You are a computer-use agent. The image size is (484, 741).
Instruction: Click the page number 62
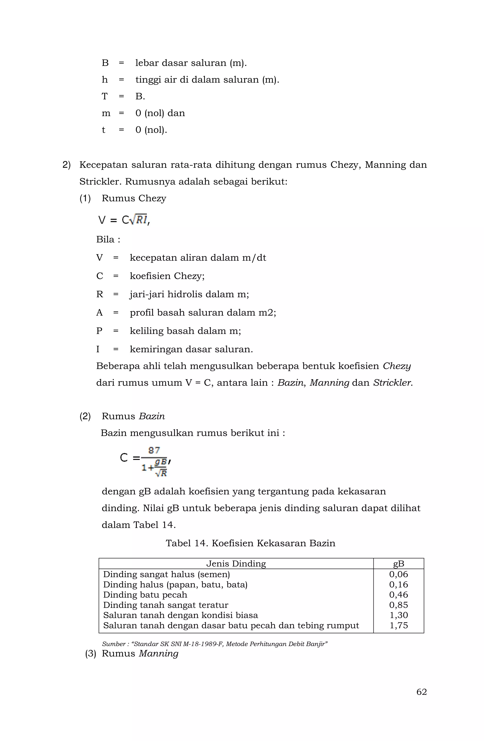coord(421,692)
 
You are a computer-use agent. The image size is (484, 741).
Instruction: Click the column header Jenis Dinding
coord(236,564)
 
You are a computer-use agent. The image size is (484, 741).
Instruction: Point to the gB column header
coord(398,564)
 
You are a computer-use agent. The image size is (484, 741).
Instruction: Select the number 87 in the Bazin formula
coord(154,450)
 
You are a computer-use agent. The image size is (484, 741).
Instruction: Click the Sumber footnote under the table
coord(215,644)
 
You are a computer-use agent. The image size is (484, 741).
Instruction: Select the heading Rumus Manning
coord(140,653)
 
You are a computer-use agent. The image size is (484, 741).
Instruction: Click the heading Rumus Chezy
coord(134,198)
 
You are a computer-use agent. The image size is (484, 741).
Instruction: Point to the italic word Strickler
coord(393,383)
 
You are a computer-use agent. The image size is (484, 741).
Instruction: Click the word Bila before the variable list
coord(105,239)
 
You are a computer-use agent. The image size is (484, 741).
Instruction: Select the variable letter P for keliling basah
coord(99,331)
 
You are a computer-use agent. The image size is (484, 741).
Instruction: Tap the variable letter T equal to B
coord(104,97)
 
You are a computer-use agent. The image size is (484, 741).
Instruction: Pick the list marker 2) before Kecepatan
coord(67,165)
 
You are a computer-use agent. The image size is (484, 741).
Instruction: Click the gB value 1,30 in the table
coord(398,615)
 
